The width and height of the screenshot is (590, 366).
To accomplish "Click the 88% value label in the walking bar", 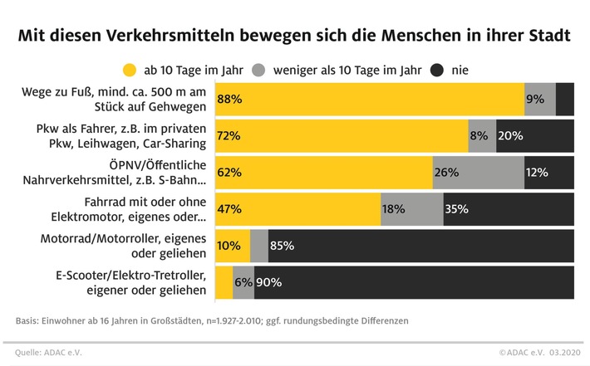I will pyautogui.click(x=229, y=99).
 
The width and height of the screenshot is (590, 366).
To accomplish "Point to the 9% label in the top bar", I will pyautogui.click(x=535, y=99).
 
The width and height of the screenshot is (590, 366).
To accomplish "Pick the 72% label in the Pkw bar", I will pyautogui.click(x=229, y=135).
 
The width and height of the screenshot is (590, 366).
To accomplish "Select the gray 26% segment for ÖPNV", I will pyautogui.click(x=478, y=172).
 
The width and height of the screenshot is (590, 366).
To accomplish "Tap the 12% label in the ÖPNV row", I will pyautogui.click(x=538, y=172).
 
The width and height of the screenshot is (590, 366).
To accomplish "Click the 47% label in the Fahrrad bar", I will pyautogui.click(x=229, y=209).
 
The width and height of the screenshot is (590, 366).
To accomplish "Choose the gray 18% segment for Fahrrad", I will pyautogui.click(x=412, y=209).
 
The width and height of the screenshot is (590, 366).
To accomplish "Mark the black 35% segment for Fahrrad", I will pyautogui.click(x=509, y=209).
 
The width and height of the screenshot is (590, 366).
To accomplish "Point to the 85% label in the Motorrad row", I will pyautogui.click(x=282, y=246).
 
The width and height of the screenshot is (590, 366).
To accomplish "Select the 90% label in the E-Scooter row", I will pyautogui.click(x=268, y=282).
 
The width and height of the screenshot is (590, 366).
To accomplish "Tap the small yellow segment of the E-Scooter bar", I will pyautogui.click(x=224, y=282).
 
